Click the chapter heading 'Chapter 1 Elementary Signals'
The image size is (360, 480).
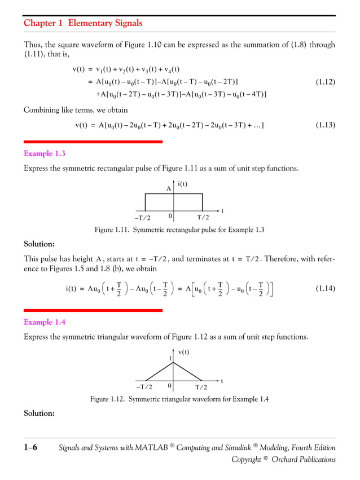point(83,23)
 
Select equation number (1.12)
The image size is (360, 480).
point(324,82)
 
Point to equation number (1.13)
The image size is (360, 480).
point(324,125)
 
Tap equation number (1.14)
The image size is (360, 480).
point(324,289)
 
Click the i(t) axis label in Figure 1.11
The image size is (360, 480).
point(183,184)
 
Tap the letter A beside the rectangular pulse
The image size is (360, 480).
point(168,190)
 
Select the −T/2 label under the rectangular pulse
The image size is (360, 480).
point(143,218)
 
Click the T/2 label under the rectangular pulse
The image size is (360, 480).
point(203,218)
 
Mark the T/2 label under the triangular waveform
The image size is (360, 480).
point(201,387)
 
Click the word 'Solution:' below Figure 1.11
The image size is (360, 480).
point(39,244)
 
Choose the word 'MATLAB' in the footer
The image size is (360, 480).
point(151,448)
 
